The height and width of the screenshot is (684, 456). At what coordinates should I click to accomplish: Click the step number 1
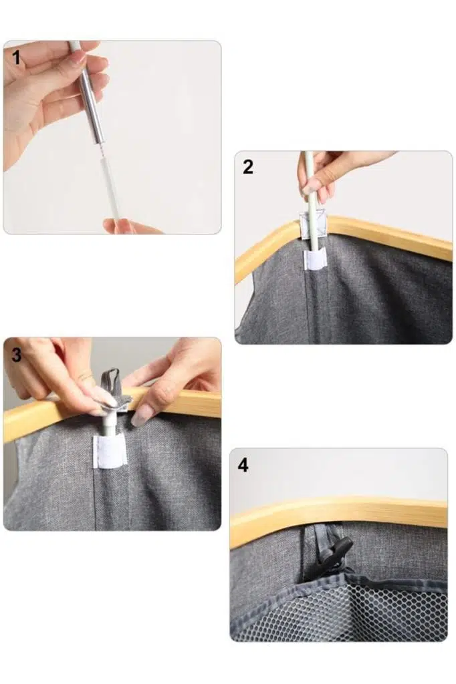click(17, 57)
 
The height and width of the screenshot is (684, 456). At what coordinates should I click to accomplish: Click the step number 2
click(247, 167)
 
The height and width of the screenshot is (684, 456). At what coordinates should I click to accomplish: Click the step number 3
click(16, 355)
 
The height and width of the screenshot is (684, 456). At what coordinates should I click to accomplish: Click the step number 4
click(243, 466)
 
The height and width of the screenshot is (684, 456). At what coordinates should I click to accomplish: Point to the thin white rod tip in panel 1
click(110, 188)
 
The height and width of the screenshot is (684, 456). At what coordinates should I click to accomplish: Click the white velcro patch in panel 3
click(109, 452)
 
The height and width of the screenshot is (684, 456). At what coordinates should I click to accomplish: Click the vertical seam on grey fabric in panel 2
click(311, 305)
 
